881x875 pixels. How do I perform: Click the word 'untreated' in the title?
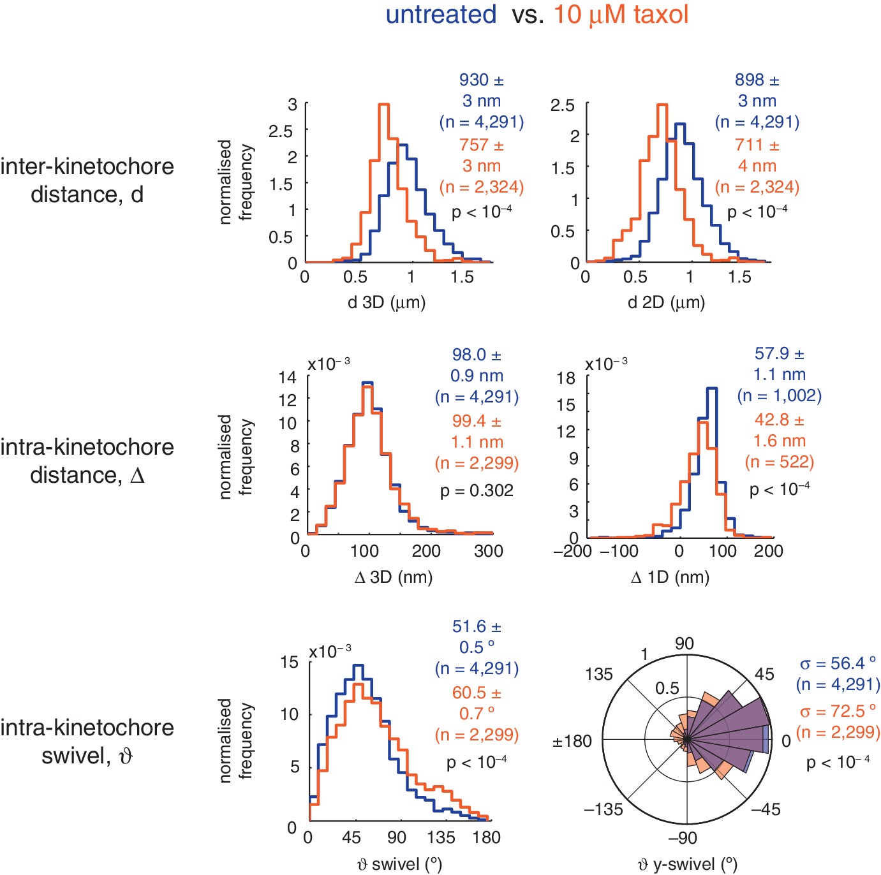(x=441, y=14)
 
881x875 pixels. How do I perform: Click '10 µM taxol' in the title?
(x=621, y=14)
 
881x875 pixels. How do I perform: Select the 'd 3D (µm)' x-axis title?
(x=387, y=302)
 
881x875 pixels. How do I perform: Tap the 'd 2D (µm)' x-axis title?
(x=666, y=302)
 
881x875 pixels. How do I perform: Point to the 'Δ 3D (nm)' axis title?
(x=394, y=577)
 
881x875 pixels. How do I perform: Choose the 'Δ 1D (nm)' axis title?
(x=670, y=577)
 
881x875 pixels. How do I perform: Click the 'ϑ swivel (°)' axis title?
(x=399, y=864)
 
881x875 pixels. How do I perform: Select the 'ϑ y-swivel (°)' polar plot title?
(x=688, y=864)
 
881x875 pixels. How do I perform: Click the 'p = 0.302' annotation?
(x=477, y=490)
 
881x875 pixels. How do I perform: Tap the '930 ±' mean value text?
(x=482, y=80)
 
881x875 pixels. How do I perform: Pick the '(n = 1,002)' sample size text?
(x=779, y=396)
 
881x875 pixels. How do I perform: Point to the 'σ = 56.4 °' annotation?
(x=838, y=664)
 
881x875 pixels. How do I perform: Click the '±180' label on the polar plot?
(x=572, y=741)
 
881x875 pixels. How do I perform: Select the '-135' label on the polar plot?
(x=603, y=809)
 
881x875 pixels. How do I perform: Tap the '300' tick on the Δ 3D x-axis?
(x=489, y=551)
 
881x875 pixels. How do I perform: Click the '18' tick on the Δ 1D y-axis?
(x=566, y=378)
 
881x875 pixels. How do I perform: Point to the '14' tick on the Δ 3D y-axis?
(x=288, y=378)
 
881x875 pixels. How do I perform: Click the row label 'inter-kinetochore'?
(x=87, y=166)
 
